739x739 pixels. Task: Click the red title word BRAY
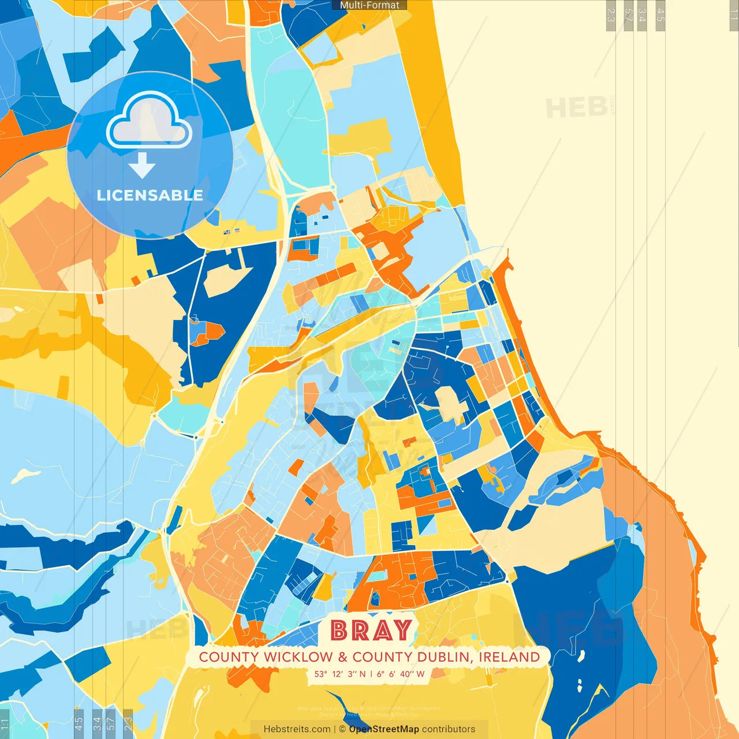[x=371, y=630]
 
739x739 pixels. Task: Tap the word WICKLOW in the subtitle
[x=298, y=657]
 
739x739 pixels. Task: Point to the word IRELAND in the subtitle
[x=509, y=657]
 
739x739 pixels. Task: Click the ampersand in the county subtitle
[x=343, y=657]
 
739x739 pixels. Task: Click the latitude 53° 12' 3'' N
[x=340, y=674]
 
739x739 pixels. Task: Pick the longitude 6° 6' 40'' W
[x=401, y=674]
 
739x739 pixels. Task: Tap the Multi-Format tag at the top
[x=369, y=5]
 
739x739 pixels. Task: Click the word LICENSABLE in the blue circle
[x=150, y=195]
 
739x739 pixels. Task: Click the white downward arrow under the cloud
[x=141, y=166]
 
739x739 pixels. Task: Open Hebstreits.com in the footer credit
[x=297, y=729]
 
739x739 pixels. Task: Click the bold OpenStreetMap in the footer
[x=384, y=729]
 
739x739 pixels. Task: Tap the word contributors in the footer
[x=449, y=729]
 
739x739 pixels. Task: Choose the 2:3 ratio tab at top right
[x=611, y=15]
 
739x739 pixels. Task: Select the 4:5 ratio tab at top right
[x=660, y=15]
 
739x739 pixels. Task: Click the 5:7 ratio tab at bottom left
[x=111, y=723]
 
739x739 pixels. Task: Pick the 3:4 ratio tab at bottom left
[x=96, y=723]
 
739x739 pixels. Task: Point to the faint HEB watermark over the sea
[x=576, y=108]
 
